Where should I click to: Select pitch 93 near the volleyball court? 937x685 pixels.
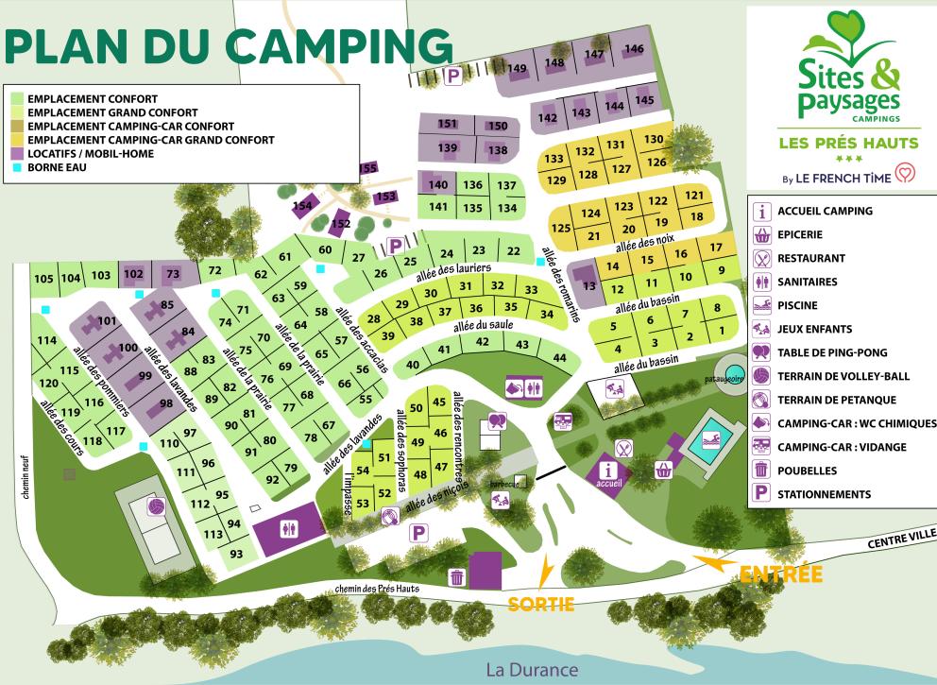[236, 554]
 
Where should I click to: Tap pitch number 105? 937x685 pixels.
[43, 278]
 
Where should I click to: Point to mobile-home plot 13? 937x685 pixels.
[589, 285]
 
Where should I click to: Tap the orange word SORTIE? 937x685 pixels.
[541, 604]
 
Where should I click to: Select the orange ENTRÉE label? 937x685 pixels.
[780, 574]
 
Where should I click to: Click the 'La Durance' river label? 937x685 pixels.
[531, 669]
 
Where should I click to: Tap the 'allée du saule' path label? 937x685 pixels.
[475, 326]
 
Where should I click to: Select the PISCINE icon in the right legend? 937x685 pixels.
[761, 305]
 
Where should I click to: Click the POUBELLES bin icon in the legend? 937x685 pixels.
[761, 471]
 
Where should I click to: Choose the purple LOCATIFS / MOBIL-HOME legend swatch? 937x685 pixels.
[18, 153]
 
